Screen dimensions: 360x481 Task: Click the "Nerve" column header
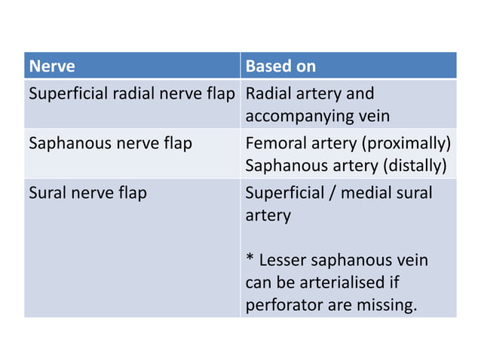point(52,66)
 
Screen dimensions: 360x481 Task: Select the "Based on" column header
point(280,66)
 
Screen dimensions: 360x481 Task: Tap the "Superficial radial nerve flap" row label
point(132,94)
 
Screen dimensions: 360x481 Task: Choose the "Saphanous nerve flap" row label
point(110,143)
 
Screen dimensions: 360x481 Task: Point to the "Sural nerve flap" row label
point(87,193)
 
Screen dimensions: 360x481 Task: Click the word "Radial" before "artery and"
point(267,94)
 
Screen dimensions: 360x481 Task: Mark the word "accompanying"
point(293,117)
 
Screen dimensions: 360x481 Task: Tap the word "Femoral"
point(274,143)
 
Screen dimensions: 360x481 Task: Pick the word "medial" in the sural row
point(370,193)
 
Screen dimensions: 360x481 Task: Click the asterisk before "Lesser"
point(250,261)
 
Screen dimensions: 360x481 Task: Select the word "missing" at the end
point(383,307)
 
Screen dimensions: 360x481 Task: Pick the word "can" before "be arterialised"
point(259,284)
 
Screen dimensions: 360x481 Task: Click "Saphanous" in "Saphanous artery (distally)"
point(283,166)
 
